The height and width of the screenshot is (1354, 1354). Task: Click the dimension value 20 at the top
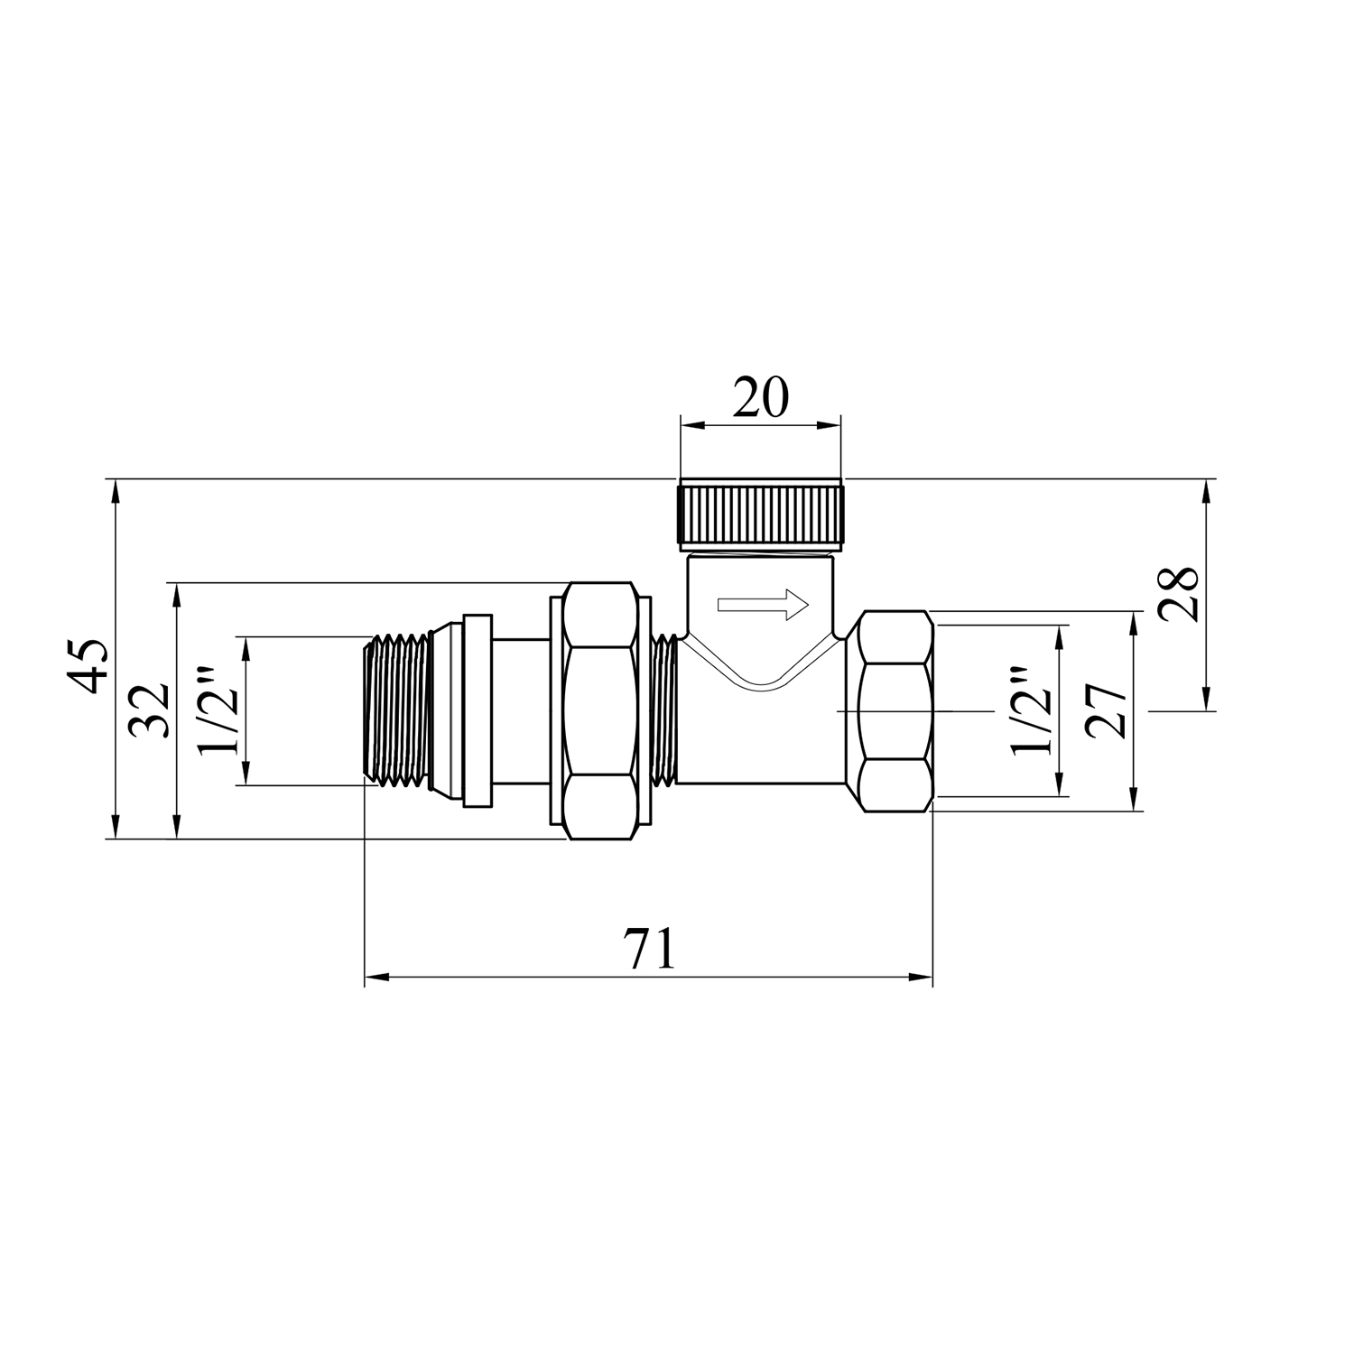760,398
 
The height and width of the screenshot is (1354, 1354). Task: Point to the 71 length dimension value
647,950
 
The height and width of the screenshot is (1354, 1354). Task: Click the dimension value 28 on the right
1179,593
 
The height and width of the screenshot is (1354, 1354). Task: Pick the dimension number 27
1107,711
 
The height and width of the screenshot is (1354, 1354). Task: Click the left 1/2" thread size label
217,709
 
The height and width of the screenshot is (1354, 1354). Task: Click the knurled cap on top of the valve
760,516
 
